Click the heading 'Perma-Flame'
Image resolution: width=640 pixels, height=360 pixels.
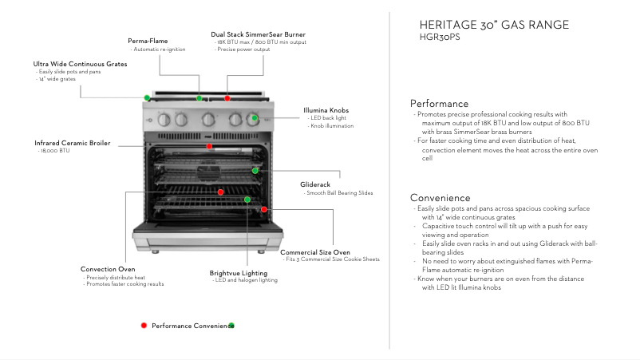coord(148,41)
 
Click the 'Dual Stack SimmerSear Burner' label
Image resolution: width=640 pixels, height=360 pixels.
coord(258,34)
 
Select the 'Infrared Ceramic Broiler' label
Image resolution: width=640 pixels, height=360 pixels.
coord(72,143)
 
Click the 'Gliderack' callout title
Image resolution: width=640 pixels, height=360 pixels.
coord(315,184)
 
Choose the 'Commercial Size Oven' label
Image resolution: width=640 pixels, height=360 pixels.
coord(314,252)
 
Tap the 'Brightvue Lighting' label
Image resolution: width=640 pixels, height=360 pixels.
coord(238,273)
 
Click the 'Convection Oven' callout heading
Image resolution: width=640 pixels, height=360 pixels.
coord(108,269)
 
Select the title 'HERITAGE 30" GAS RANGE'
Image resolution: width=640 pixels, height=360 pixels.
coord(494,25)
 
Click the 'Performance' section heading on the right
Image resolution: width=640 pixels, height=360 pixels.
coord(439,104)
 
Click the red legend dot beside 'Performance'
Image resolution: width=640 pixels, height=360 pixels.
coord(144,326)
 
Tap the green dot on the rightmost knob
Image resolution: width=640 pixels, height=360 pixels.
coord(255,118)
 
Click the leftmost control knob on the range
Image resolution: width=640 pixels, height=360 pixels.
coord(164,121)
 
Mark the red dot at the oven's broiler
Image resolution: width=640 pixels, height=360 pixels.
coord(209,146)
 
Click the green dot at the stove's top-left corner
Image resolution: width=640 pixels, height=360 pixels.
coord(148,97)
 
